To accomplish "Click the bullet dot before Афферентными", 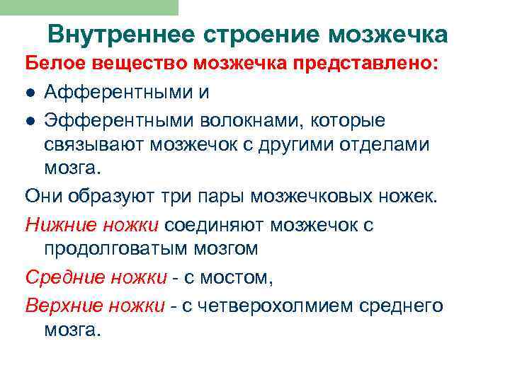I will (x=31, y=93).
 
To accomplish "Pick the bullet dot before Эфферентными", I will (x=31, y=121).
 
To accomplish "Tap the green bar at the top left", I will (x=89, y=7).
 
